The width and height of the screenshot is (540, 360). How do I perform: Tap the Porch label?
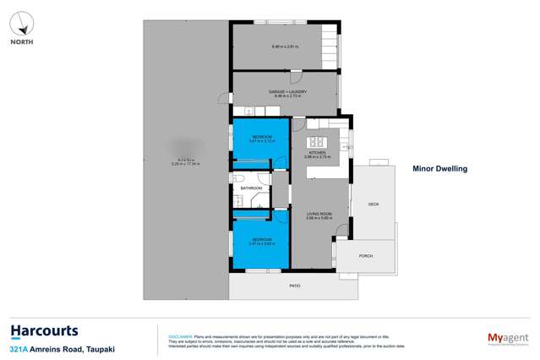[x=366, y=255]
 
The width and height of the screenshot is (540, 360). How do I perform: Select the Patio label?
[x=295, y=285]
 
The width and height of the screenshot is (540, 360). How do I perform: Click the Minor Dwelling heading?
[x=439, y=168]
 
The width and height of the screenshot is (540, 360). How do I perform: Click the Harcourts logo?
[x=44, y=331]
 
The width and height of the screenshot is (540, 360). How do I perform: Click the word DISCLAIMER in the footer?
[x=181, y=335]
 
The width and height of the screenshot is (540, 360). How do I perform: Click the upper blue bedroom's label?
[x=262, y=137]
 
